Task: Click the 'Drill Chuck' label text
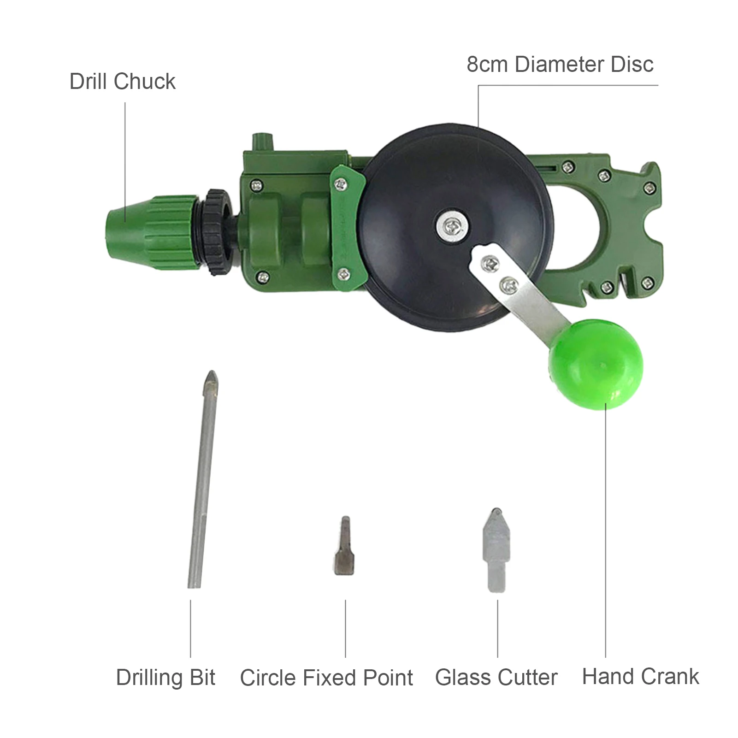point(122,82)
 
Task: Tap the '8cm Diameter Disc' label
point(560,65)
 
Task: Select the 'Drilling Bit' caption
point(165,678)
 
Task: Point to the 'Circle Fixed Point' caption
point(326,678)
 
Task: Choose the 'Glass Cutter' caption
point(496,678)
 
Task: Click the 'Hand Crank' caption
point(640,677)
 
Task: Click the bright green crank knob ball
point(595,364)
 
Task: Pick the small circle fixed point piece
point(344,546)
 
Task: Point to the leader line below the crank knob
point(605,530)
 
